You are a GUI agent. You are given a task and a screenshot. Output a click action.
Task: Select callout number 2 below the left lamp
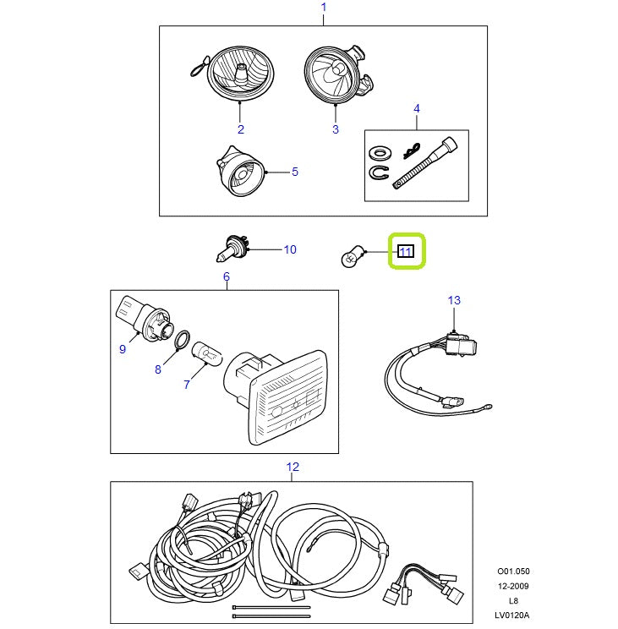[x=241, y=129]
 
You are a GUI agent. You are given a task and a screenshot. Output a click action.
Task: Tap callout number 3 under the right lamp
[x=335, y=129]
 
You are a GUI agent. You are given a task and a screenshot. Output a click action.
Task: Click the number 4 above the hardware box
[x=416, y=109]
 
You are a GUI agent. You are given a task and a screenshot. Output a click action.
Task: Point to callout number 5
[x=294, y=172]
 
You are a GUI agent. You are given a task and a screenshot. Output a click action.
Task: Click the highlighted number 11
[x=405, y=252]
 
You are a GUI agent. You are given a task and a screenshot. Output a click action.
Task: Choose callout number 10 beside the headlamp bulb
[x=289, y=249]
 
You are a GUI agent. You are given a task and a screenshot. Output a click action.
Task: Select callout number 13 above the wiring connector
[x=454, y=300]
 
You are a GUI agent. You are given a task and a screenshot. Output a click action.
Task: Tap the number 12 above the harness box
[x=293, y=467]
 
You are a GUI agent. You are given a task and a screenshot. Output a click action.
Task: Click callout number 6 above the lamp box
[x=226, y=277]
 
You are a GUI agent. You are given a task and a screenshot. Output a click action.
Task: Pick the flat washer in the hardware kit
[x=380, y=154]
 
